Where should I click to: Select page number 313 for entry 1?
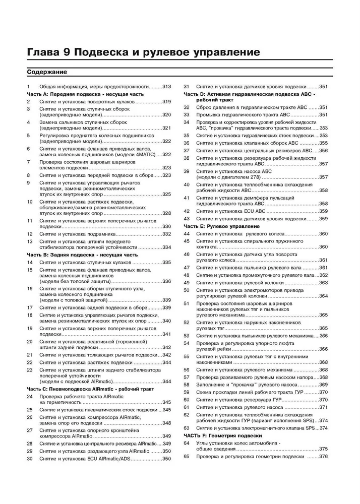pos(167,87)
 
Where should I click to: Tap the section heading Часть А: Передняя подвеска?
pos(85,94)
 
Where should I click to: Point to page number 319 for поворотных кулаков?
pos(167,102)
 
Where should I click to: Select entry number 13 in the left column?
pos(29,241)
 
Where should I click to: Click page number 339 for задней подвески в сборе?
pos(167,307)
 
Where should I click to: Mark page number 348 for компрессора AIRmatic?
pos(167,423)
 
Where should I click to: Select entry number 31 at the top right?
pos(186,87)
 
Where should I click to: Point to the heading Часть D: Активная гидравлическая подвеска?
pos(249,94)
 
